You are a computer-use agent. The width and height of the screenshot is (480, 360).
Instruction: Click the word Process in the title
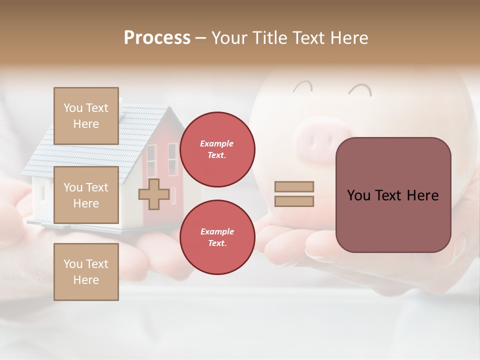coord(157,38)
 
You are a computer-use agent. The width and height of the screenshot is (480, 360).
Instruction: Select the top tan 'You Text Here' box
coord(86,116)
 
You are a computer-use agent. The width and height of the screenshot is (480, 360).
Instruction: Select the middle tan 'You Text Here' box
coord(86,195)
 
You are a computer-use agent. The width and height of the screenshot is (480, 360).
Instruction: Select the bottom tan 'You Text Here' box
coord(86,272)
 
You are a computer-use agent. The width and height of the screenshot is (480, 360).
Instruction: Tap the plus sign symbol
coord(154,194)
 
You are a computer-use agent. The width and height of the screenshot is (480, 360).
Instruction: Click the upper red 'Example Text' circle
coord(217,149)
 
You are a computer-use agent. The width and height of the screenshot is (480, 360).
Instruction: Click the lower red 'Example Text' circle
coord(217,237)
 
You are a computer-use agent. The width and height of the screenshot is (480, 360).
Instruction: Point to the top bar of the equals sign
coord(294,186)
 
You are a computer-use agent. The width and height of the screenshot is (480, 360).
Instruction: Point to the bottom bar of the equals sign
coord(294,201)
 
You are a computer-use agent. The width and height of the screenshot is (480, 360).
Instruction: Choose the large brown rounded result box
coord(393,195)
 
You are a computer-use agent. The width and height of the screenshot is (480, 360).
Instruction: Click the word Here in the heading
coord(348,38)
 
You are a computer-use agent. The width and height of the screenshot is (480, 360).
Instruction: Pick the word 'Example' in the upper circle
coord(217,143)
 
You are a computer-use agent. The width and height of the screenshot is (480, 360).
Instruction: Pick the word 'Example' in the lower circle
coord(217,231)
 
